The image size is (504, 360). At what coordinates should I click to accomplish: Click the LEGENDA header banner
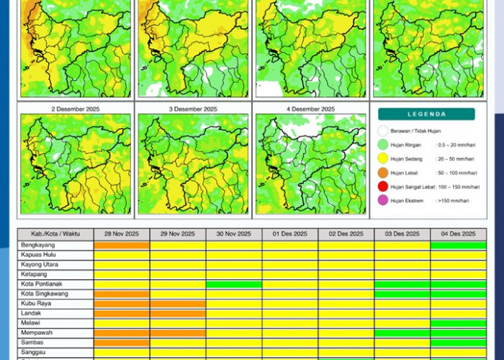coord(426,114)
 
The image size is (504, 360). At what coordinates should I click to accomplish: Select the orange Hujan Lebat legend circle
coord(383,172)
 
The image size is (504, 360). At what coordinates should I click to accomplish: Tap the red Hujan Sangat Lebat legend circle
coord(383,186)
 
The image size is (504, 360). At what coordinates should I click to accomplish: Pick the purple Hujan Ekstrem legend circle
coord(383,200)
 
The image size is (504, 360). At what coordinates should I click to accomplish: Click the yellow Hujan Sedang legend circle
coord(383,158)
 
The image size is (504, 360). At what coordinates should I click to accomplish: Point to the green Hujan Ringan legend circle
coord(383,144)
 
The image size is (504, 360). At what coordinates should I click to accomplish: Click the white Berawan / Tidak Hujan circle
coord(383,131)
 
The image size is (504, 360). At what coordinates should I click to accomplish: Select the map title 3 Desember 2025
coord(193,109)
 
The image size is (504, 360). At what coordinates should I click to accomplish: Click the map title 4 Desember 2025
coord(310,109)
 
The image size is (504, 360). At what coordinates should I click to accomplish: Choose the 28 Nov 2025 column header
coord(121,234)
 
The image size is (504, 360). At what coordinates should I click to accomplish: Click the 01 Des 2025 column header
coord(289,234)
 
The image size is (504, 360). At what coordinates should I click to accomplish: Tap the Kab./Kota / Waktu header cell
coord(55,234)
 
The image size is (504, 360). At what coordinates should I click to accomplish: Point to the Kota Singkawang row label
coord(42,294)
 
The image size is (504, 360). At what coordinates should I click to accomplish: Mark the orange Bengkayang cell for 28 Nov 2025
coord(121,246)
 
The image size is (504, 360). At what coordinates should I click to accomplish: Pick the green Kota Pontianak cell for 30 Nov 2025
coord(233,284)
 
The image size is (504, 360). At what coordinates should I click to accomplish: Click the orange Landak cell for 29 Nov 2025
coord(177,313)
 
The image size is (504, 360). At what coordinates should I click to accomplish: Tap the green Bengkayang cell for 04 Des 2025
coord(458,246)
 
